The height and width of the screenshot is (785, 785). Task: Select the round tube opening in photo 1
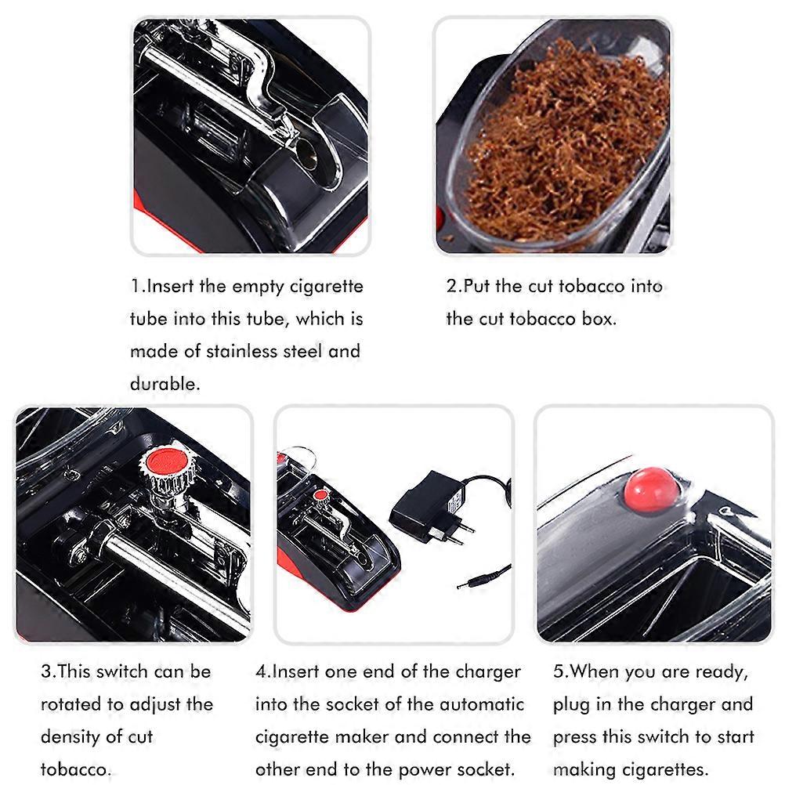(x=306, y=152)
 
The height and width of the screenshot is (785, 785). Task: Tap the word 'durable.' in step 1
(x=165, y=383)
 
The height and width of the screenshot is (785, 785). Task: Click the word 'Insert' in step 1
(x=169, y=286)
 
